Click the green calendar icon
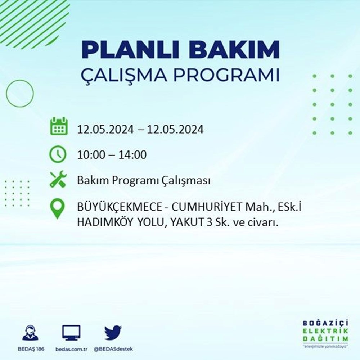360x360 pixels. coord(58,126)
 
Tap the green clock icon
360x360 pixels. coord(58,154)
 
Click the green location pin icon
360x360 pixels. coord(58,210)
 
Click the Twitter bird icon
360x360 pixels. coord(113,333)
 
